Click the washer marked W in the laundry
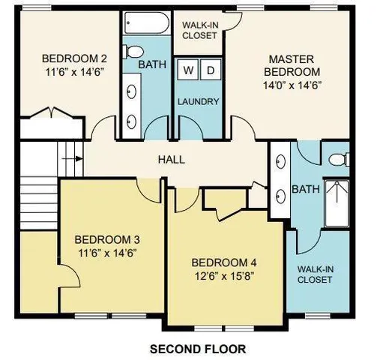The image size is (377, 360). (x=187, y=71)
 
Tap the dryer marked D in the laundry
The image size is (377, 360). (x=211, y=71)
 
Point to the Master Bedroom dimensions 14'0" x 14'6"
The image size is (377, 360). (x=292, y=85)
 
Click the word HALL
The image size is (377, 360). (x=171, y=160)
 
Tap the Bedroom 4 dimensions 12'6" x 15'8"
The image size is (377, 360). (x=224, y=275)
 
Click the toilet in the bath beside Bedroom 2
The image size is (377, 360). (x=133, y=52)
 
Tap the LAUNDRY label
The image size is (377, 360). (x=198, y=101)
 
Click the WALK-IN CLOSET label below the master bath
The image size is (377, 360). (x=315, y=274)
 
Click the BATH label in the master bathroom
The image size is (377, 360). (x=305, y=189)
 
